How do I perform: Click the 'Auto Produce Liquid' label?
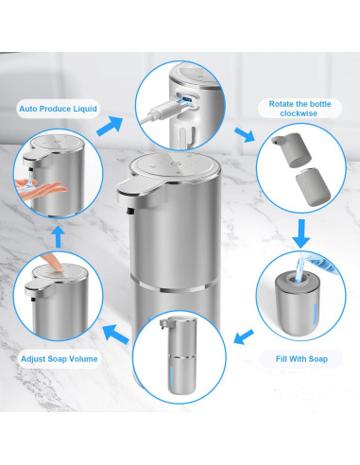tap(59, 109)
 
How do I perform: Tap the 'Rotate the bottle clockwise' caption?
tap(297, 108)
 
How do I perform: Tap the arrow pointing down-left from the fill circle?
tap(241, 335)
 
